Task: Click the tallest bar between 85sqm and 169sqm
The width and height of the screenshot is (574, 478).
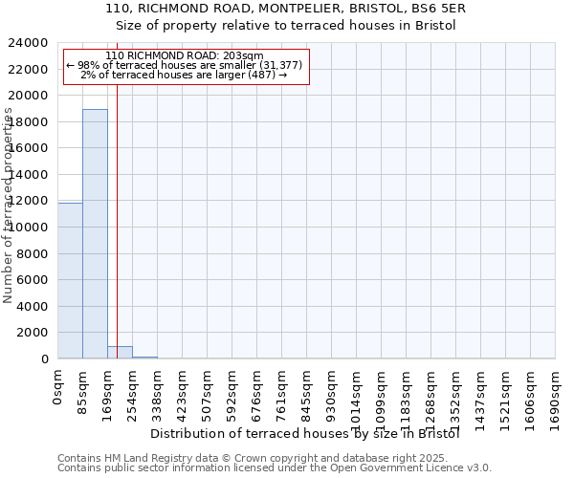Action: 95,234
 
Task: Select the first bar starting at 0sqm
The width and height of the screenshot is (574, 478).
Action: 70,281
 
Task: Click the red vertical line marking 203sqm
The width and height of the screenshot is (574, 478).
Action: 117,220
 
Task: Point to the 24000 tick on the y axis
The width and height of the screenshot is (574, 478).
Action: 30,43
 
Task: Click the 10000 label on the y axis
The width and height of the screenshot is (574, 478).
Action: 30,228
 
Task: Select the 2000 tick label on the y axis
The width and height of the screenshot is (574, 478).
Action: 33,333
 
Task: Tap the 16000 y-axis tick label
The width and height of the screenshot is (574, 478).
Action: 30,148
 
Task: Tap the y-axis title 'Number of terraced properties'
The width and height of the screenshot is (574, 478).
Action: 9,205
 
